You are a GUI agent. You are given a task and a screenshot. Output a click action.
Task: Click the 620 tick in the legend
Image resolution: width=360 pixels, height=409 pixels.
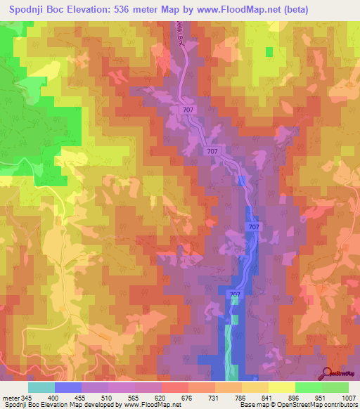[x=161, y=398]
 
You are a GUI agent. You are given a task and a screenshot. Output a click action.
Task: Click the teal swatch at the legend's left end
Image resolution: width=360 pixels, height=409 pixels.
[x=41, y=387]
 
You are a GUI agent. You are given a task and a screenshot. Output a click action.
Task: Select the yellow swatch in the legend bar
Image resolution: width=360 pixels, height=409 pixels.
[x=281, y=387]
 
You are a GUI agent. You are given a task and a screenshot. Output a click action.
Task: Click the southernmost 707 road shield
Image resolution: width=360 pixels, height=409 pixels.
[x=236, y=294]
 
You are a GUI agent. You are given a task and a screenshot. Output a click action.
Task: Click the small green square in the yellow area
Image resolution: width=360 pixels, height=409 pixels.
[x=269, y=51]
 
